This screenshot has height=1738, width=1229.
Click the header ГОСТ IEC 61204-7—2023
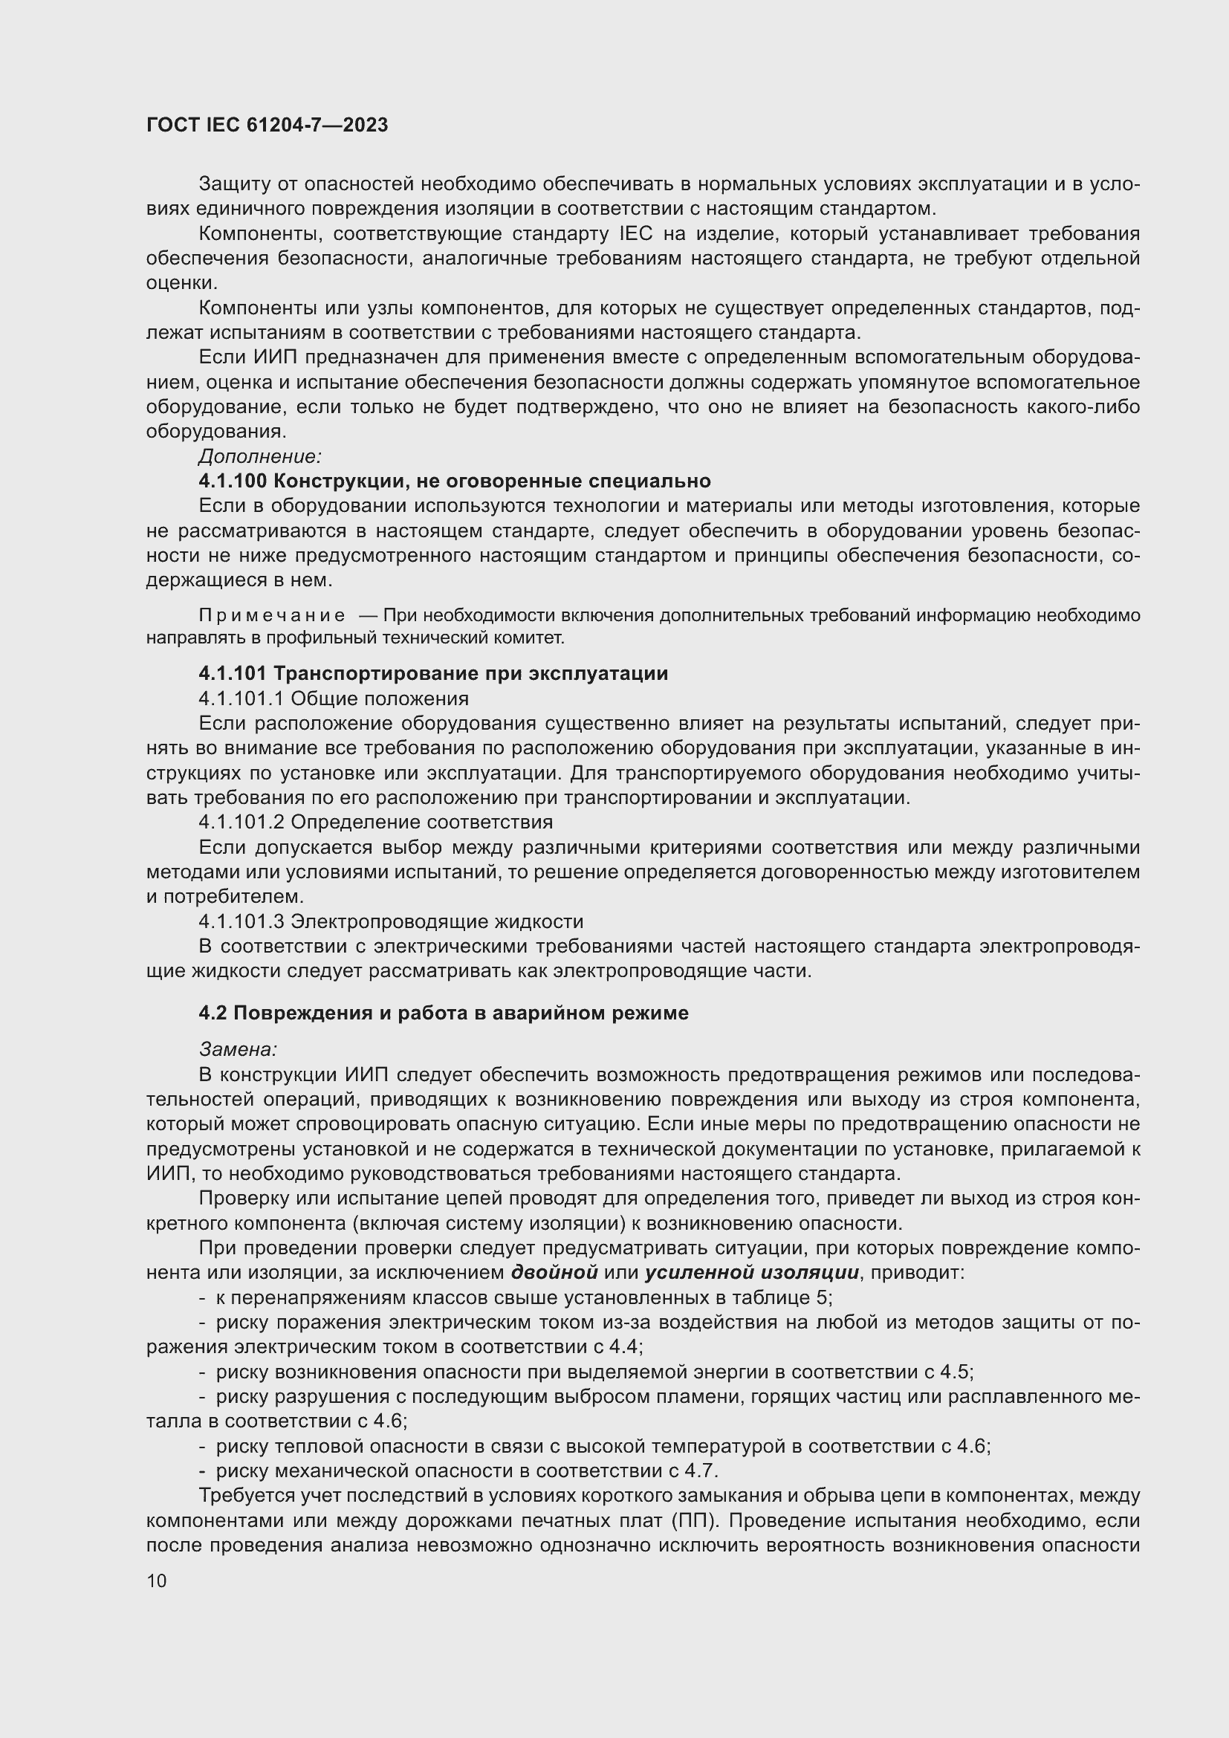pos(267,126)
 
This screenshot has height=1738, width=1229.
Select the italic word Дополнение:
pos(260,456)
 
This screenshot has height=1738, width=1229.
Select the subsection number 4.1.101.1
pos(241,698)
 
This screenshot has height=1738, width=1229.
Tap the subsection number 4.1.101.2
pos(241,822)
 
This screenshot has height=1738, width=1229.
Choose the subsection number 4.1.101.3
pos(241,922)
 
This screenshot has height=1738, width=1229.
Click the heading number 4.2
pos(213,1014)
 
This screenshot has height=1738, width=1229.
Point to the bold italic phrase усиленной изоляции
pos(751,1274)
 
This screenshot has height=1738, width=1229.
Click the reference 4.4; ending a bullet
pos(629,1347)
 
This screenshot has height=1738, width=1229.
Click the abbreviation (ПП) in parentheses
pos(693,1522)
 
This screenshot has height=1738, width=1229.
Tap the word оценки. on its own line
pos(181,283)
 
